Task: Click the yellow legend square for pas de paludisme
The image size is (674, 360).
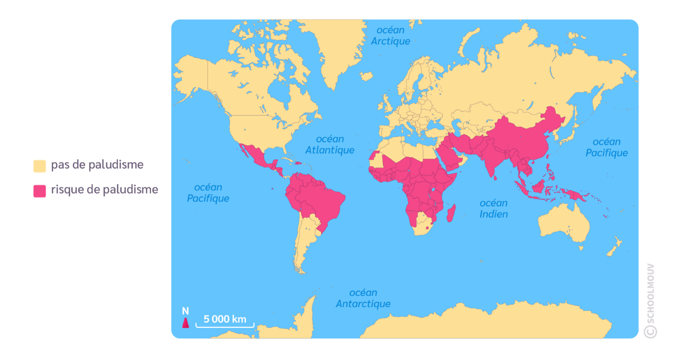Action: click(40, 165)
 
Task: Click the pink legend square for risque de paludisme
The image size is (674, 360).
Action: click(40, 190)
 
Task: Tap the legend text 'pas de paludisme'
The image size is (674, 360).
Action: click(97, 165)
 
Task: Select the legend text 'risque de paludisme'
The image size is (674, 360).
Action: click(105, 190)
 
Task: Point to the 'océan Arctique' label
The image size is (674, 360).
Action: click(390, 36)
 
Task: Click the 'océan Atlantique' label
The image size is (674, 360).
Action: click(330, 145)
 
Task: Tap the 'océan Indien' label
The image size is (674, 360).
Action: click(494, 209)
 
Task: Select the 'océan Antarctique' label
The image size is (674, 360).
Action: click(363, 298)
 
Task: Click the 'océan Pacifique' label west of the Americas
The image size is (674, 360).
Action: click(208, 193)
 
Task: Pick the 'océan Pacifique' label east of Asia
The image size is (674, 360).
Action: click(607, 147)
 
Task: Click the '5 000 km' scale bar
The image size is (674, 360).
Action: click(225, 321)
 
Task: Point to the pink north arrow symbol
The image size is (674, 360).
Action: click(185, 323)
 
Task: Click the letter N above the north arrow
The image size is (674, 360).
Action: click(185, 311)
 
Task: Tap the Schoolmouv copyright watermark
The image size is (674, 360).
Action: click(651, 301)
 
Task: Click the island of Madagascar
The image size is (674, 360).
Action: click(451, 213)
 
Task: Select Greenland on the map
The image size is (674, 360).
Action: click(335, 49)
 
